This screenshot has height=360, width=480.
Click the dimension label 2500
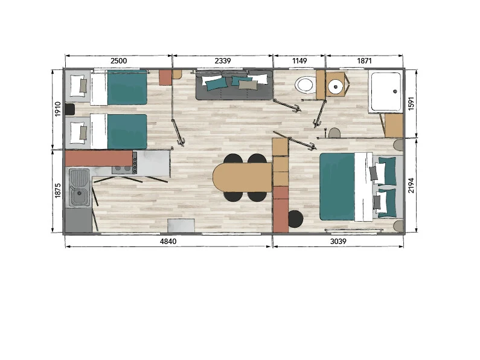point(118,60)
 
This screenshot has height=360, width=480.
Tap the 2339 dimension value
point(223,60)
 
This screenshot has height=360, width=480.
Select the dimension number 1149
point(299,60)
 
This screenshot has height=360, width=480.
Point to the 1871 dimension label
point(364,60)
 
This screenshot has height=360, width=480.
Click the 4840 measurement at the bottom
point(168,241)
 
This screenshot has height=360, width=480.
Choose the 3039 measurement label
point(338,241)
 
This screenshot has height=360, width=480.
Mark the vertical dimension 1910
point(58,109)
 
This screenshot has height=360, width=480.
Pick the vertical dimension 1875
point(58,190)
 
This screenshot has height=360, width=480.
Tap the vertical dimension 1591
point(411,103)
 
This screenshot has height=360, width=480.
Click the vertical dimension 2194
point(411,185)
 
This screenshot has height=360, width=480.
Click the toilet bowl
point(305,85)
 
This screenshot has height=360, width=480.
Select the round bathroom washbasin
point(336,86)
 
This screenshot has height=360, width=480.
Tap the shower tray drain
point(395,91)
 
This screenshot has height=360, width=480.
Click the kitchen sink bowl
point(80,195)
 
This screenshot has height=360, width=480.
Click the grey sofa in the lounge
point(234,85)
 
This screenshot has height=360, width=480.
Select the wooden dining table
point(243,177)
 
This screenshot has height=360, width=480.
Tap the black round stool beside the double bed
point(295,219)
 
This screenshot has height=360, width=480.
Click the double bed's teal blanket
point(337,187)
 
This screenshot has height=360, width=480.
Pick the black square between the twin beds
point(70,109)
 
